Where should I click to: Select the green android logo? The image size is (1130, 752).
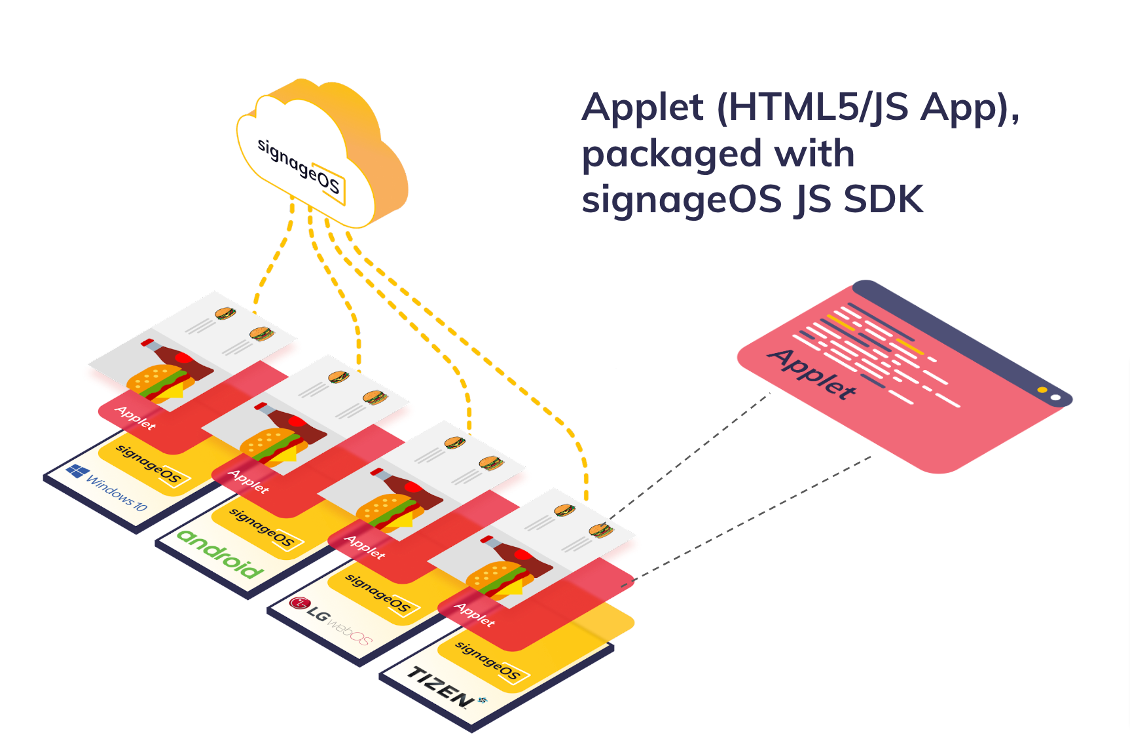(x=220, y=554)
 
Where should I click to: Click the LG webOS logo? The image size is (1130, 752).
(x=331, y=620)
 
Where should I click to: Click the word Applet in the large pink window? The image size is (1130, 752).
(x=812, y=374)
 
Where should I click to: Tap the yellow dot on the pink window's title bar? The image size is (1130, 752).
(x=1042, y=390)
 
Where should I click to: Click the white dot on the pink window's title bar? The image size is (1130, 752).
(x=1055, y=398)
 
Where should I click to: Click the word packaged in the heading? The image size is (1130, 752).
(x=672, y=155)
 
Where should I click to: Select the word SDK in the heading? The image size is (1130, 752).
(x=883, y=200)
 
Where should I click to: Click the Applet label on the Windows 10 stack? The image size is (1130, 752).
(x=136, y=417)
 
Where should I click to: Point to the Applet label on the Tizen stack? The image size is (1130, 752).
(x=475, y=614)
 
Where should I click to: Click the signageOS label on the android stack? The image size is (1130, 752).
(x=263, y=528)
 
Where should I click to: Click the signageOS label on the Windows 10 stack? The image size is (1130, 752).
(x=149, y=464)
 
